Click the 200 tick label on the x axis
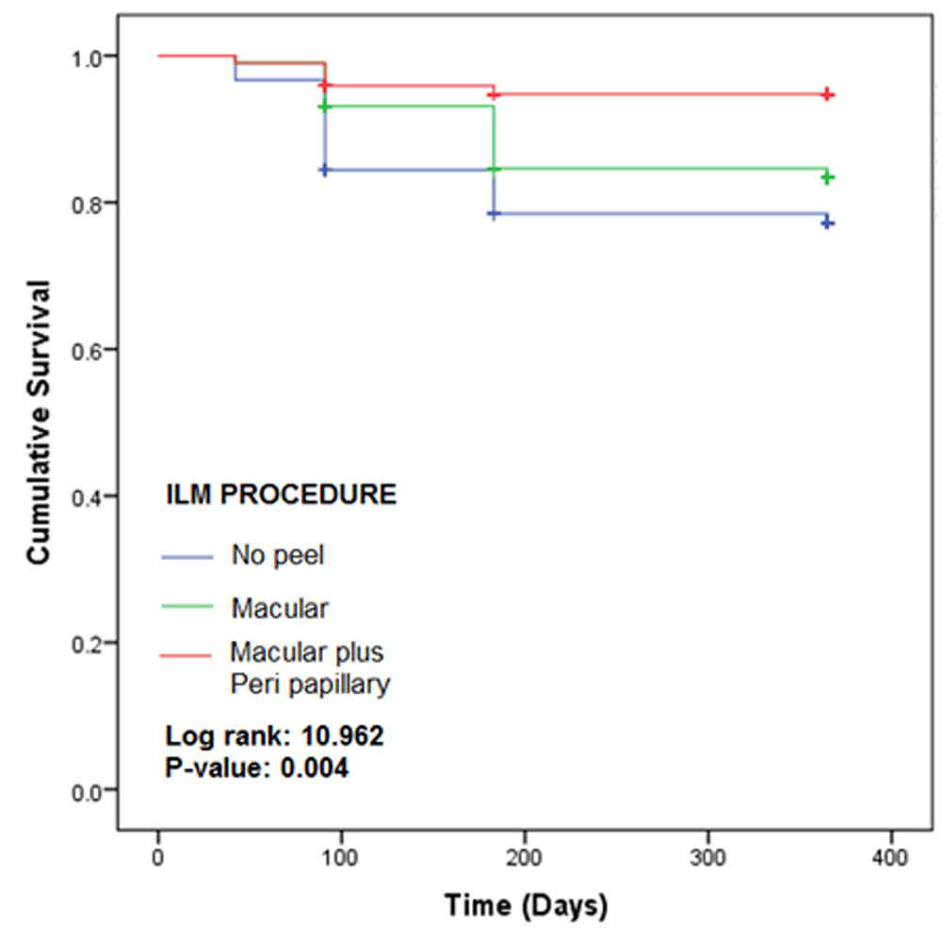[x=524, y=859]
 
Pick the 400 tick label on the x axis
[x=890, y=859]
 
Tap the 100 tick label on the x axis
[x=341, y=859]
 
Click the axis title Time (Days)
[x=526, y=906]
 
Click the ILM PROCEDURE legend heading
[x=281, y=495]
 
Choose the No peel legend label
[x=278, y=555]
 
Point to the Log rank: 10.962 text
[x=274, y=736]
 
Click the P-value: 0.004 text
[x=257, y=768]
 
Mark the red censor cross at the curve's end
[x=827, y=94]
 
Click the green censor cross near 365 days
[x=828, y=177]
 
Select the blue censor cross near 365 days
[x=828, y=223]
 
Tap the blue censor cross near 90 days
[x=325, y=170]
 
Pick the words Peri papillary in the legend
[x=310, y=684]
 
